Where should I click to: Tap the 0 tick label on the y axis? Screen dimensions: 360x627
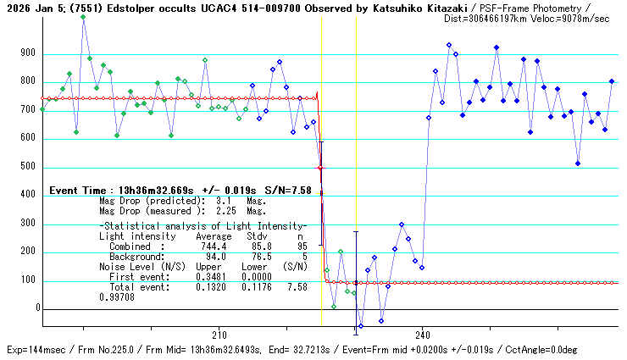click(37, 309)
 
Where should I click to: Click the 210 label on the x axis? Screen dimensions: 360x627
click(219, 335)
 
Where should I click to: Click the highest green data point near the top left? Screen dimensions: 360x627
click(83, 17)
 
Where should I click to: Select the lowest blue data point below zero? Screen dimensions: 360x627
click(360, 326)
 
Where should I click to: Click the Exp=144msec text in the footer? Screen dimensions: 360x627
click(35, 350)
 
